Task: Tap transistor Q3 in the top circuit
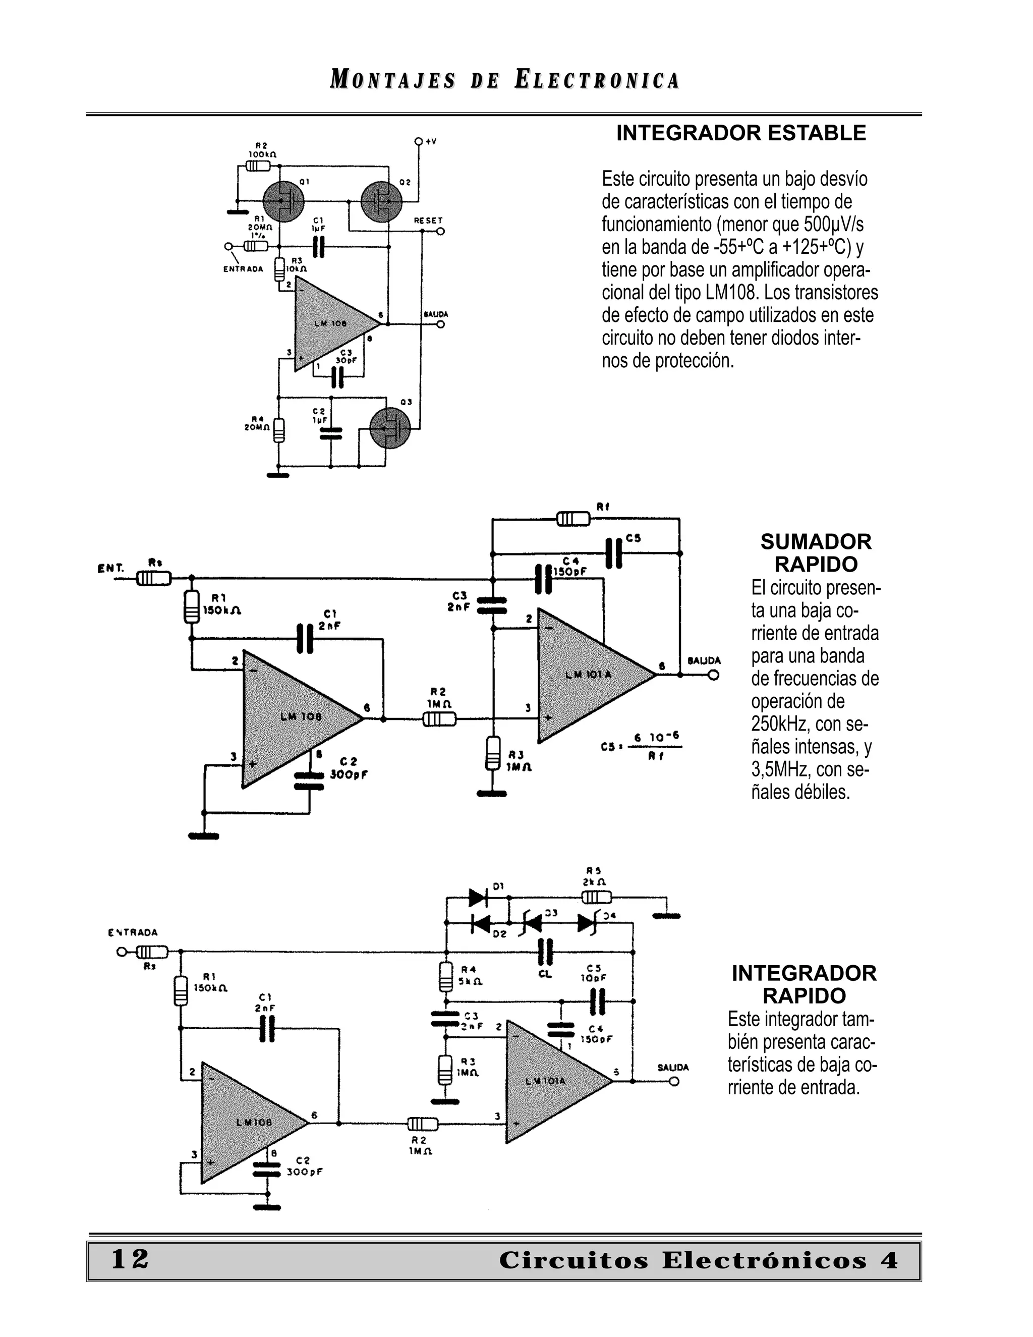tap(390, 428)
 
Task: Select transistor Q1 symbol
tap(283, 201)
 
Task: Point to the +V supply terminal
tap(419, 141)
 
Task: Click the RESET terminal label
tap(428, 220)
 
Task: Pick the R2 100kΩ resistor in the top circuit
tap(258, 166)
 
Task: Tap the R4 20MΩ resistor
tap(278, 430)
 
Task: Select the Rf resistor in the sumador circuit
tap(573, 519)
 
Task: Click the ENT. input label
tap(111, 568)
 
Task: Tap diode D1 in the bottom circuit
tap(478, 898)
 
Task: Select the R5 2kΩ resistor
tap(596, 898)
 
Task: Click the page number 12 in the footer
tap(130, 1260)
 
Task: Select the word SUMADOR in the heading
tap(816, 542)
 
